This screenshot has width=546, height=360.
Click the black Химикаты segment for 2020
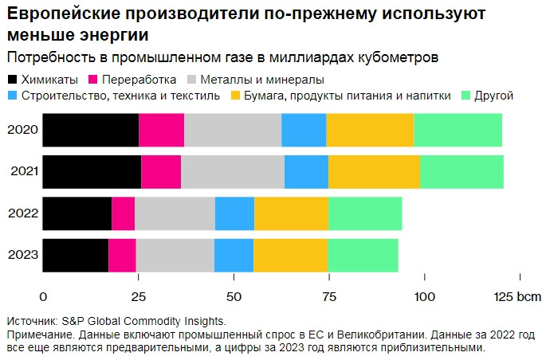[91, 130]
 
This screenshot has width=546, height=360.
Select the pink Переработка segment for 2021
[161, 172]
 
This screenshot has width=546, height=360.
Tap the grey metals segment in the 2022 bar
[175, 213]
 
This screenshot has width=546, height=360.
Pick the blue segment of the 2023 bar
[234, 256]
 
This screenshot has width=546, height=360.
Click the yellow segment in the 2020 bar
[370, 130]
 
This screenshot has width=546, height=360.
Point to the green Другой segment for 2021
[462, 172]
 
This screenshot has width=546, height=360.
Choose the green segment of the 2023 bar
[363, 256]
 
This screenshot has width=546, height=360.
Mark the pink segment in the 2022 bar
[124, 213]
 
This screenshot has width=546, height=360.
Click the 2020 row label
[22, 130]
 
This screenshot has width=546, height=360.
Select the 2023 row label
[23, 255]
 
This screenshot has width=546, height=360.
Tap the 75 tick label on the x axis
[329, 297]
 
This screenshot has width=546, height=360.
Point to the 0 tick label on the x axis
[43, 297]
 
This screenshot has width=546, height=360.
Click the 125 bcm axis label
[517, 297]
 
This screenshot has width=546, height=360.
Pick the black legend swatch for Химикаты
[12, 80]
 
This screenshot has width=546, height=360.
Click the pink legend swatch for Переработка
[93, 80]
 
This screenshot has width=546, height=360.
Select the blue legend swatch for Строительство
[12, 96]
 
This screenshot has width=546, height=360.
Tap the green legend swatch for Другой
[465, 96]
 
